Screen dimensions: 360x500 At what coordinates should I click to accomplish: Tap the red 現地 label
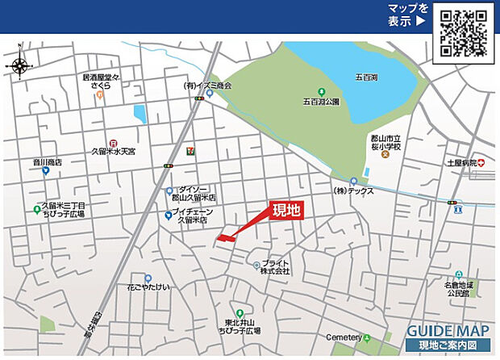point(285,211)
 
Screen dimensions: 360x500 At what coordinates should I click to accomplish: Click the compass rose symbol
point(19,65)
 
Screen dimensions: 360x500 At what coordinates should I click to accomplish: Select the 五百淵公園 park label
point(322,103)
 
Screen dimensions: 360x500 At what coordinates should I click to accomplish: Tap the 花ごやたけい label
point(148,287)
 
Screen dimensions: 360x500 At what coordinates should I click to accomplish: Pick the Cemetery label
point(344,337)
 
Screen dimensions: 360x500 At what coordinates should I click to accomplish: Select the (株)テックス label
point(356,192)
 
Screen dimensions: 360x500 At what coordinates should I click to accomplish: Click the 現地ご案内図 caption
point(448,346)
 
